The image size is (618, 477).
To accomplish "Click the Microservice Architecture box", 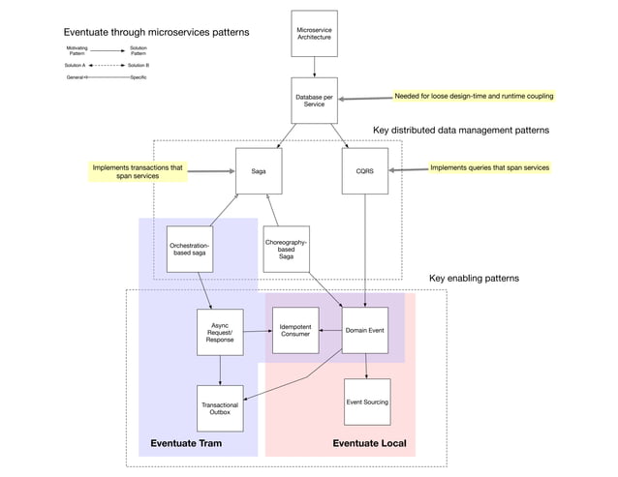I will [x=314, y=35].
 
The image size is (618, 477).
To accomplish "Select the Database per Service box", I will [x=314, y=101].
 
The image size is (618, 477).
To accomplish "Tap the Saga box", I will [x=259, y=170].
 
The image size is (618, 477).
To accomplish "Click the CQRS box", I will [x=364, y=170].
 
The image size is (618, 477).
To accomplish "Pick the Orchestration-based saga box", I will [x=190, y=250].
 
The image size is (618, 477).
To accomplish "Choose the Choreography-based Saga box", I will [x=287, y=249].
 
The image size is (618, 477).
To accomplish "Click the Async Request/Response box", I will [x=220, y=333].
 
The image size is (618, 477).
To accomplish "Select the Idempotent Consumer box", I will [x=295, y=331].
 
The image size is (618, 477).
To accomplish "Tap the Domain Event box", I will [x=365, y=331].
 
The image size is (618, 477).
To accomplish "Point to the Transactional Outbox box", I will [x=220, y=407].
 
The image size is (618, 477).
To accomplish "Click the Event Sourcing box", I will [x=367, y=402].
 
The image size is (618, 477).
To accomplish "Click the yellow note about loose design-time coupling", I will [x=473, y=97].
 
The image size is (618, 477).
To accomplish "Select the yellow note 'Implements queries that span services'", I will [x=489, y=167].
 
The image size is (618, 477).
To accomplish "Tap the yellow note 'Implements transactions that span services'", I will [x=137, y=172].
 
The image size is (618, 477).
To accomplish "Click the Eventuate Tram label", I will [x=186, y=444].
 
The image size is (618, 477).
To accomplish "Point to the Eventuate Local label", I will [x=369, y=444].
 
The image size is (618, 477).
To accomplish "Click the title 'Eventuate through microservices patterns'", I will [x=156, y=32].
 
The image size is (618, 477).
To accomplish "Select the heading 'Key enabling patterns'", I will [x=474, y=279].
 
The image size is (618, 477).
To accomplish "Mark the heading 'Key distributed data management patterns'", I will [x=461, y=130].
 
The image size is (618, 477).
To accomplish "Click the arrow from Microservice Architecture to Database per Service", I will [x=314, y=67].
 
